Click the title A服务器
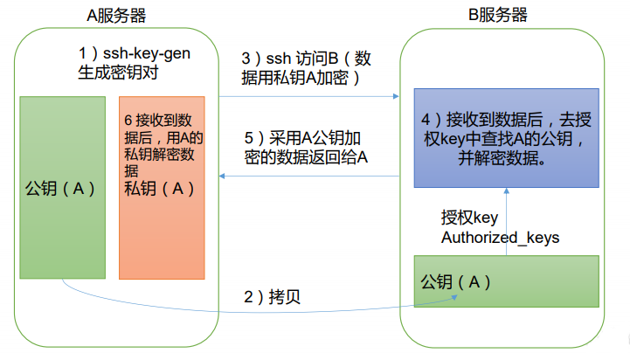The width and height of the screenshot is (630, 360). pos(116,16)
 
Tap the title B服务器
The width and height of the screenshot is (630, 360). pos(497,15)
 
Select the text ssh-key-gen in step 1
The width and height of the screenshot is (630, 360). pos(147,53)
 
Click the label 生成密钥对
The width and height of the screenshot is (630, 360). pos(118,73)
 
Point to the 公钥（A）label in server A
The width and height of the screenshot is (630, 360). pos(60,189)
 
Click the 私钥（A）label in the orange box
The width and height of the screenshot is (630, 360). pos(160,189)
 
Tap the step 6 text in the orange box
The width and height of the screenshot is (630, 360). pos(163,145)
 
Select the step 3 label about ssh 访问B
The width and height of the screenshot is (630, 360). pos(306,68)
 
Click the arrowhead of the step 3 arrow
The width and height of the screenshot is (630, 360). pos(396,96)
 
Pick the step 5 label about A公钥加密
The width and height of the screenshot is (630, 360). pos(306,148)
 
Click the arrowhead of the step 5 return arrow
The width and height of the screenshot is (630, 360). pos(222,176)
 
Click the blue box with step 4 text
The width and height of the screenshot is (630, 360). pos(506,138)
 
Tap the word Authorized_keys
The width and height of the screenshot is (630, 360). pos(500,238)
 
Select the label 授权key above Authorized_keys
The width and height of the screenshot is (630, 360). pos(469,218)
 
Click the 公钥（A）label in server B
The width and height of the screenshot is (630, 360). pos(455,282)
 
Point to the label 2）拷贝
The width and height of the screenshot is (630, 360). pos(272,297)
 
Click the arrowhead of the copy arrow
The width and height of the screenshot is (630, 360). pos(454,298)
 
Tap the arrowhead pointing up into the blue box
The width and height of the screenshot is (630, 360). pos(506,190)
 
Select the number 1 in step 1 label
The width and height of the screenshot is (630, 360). pos(82,53)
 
